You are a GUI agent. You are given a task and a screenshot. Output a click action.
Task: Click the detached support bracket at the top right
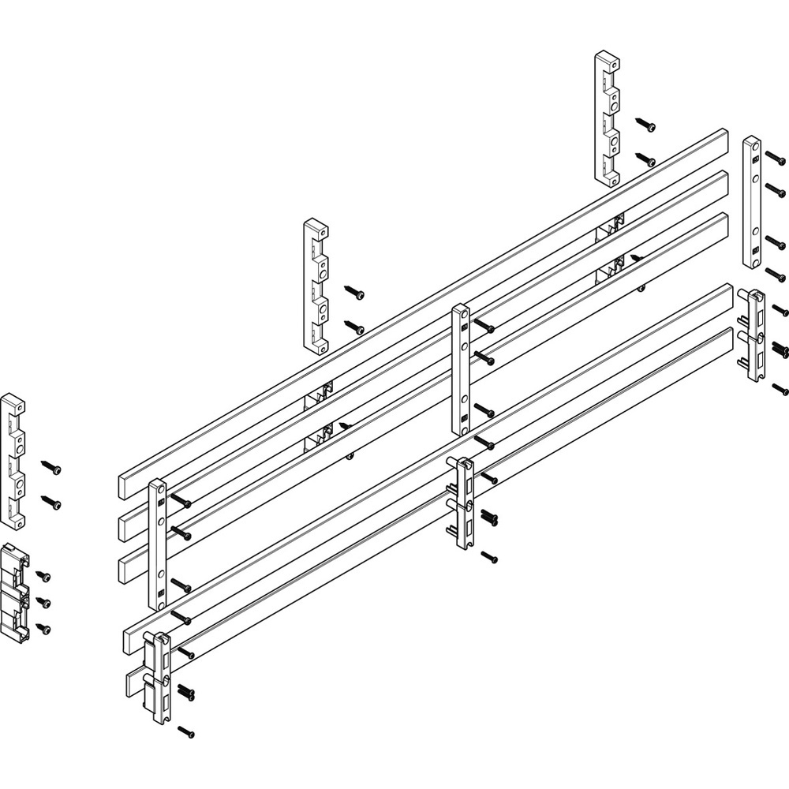(607, 118)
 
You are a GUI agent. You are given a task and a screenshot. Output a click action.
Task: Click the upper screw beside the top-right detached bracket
(648, 125)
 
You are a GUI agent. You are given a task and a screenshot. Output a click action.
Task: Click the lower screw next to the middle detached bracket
(353, 325)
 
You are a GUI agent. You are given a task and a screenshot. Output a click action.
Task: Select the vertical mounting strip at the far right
(751, 201)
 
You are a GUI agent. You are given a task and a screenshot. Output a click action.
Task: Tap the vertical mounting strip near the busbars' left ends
(156, 544)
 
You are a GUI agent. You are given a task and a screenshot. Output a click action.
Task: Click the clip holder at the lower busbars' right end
(753, 335)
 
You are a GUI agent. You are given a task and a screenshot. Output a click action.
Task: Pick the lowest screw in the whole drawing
(187, 732)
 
